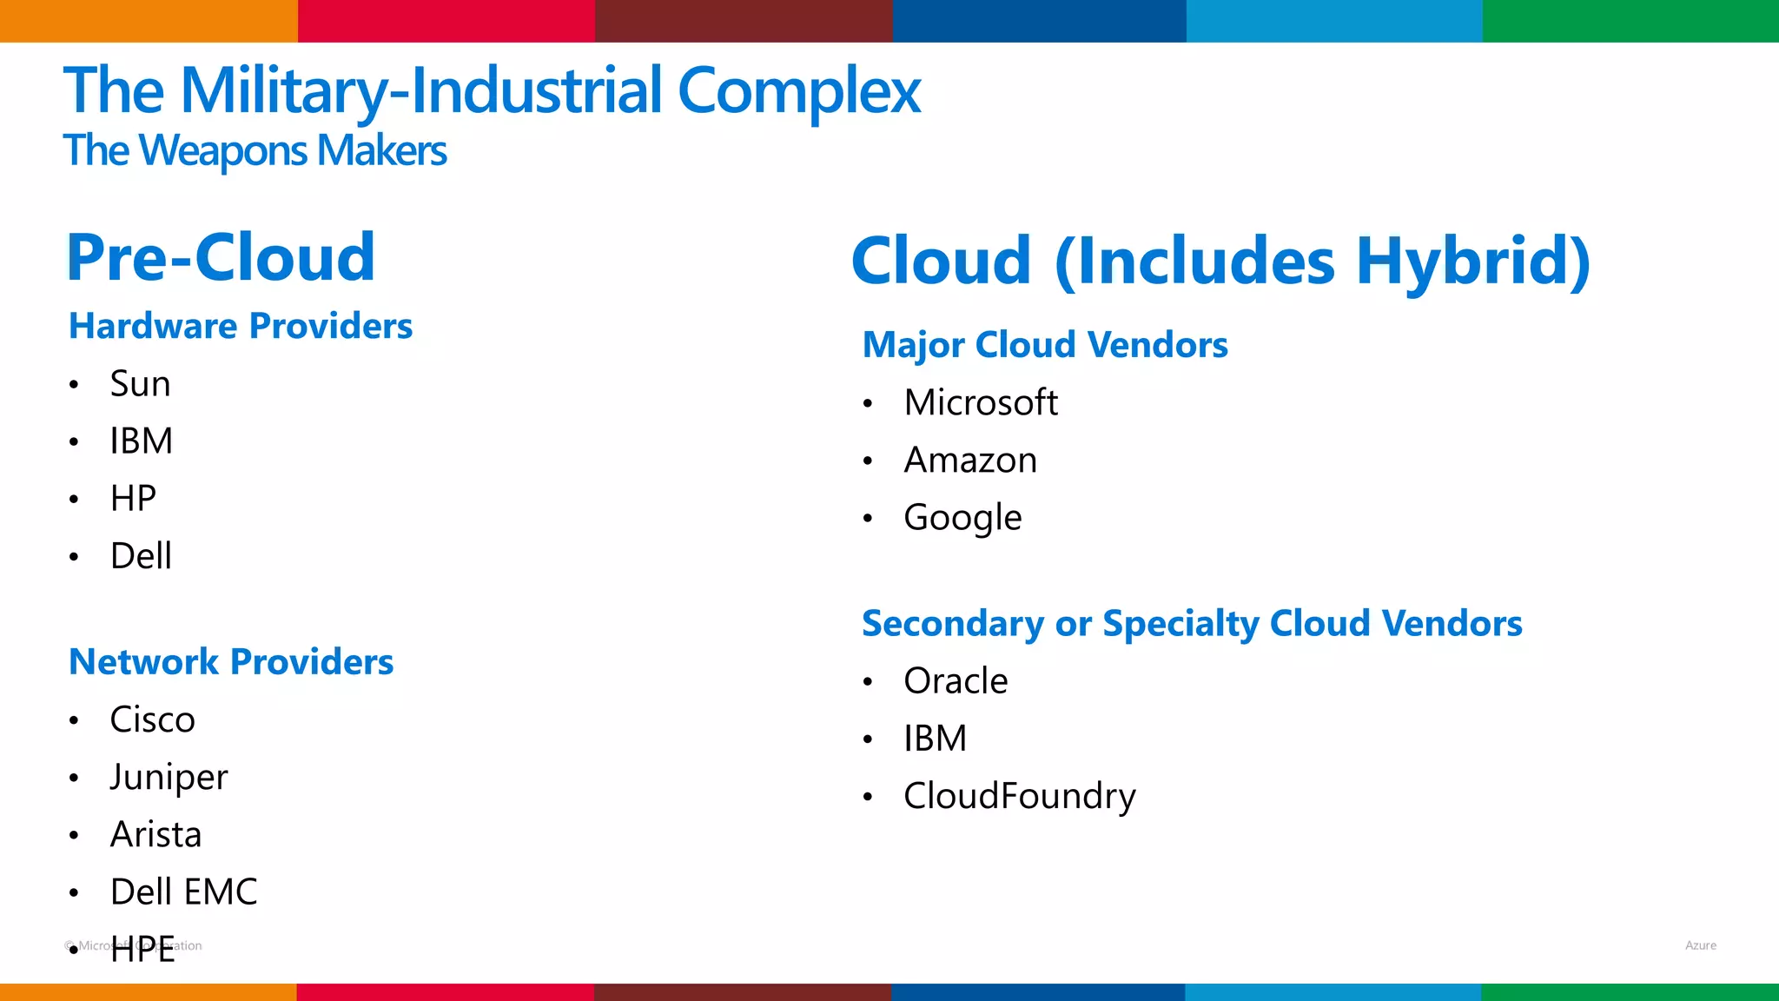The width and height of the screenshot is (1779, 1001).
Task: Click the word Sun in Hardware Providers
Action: click(x=140, y=384)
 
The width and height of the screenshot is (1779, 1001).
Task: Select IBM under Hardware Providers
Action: click(x=141, y=441)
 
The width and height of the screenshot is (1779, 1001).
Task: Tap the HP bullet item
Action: click(x=133, y=499)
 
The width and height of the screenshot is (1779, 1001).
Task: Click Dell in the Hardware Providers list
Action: click(x=141, y=556)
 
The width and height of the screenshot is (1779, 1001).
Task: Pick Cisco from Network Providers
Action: click(x=152, y=719)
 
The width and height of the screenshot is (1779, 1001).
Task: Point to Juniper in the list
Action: click(x=169, y=777)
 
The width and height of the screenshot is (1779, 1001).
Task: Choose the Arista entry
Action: click(x=155, y=834)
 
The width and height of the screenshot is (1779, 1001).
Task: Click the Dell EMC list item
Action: click(x=183, y=892)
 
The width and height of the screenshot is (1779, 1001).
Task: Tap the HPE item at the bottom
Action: click(x=142, y=950)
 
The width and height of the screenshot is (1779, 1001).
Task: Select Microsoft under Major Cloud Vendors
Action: click(x=981, y=402)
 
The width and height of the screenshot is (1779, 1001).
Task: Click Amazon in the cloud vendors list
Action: click(x=970, y=460)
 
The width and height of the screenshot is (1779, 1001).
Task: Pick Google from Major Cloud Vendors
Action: click(x=962, y=517)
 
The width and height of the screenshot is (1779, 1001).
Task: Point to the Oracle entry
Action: click(x=956, y=680)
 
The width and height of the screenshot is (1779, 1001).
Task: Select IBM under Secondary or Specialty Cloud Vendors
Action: click(x=935, y=739)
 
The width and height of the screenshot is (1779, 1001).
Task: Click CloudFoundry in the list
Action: click(x=1019, y=796)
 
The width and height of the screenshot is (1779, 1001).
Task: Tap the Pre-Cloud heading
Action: click(x=221, y=258)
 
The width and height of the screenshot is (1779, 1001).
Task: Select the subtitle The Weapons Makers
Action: click(x=255, y=150)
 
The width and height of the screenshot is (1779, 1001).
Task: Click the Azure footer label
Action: click(x=1700, y=945)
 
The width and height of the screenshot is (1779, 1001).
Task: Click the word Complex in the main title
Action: click(x=798, y=90)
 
